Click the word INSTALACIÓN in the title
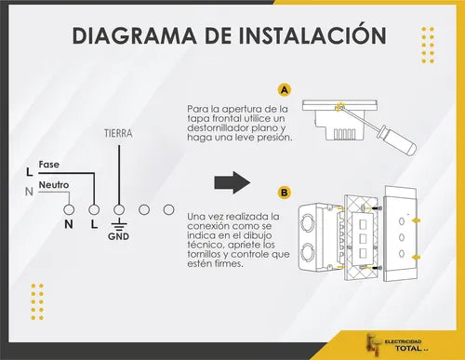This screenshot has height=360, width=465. (x=314, y=35)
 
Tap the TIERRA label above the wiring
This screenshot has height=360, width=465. (x=118, y=133)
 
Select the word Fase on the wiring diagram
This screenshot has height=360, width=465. (x=49, y=165)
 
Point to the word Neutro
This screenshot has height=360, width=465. (x=54, y=185)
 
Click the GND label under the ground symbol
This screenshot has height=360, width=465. (x=119, y=236)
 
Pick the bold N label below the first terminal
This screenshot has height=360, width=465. (x=68, y=224)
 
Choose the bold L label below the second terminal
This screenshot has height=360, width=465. (x=94, y=224)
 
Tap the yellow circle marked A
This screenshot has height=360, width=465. (x=284, y=90)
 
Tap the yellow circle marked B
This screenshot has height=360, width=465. (x=284, y=193)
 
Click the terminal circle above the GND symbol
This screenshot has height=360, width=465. (x=119, y=209)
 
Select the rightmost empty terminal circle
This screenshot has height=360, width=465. (x=168, y=209)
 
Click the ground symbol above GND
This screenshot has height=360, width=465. (x=119, y=224)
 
